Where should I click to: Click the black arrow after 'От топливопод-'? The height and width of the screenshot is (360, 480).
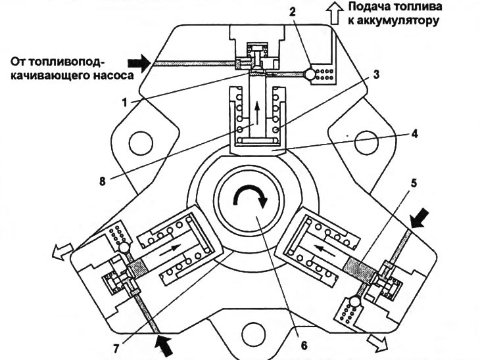pos(137,62)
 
